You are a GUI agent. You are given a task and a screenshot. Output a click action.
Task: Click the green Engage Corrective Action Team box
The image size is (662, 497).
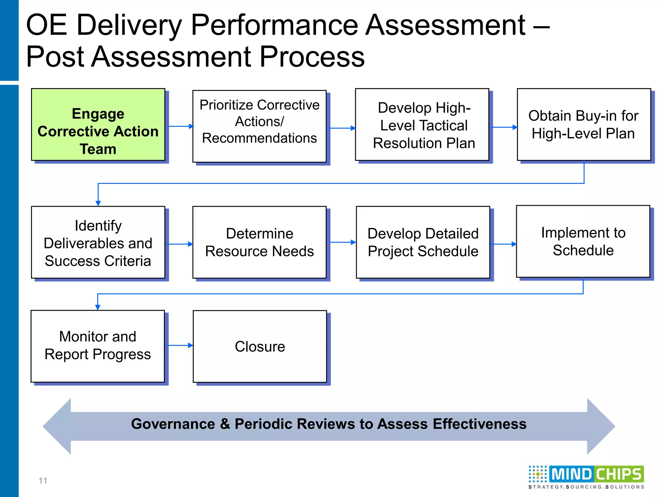click(98, 125)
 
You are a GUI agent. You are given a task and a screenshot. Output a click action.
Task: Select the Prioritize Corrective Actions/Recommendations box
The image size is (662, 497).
click(259, 126)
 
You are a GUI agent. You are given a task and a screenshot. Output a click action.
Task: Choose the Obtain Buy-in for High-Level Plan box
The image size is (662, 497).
click(584, 125)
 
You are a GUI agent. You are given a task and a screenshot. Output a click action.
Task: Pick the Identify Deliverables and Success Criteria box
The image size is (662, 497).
click(98, 242)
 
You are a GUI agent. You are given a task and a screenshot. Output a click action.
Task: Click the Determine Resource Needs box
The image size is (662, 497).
click(259, 242)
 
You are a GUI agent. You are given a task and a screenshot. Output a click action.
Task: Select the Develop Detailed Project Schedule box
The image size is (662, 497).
click(423, 242)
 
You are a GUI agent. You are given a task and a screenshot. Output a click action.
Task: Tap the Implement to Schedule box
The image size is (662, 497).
click(583, 241)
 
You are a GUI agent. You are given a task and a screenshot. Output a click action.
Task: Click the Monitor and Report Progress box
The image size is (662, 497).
click(98, 346)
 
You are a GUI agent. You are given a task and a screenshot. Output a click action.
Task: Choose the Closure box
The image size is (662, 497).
click(260, 347)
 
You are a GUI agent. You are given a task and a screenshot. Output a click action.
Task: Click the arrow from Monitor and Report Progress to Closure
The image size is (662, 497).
click(180, 345)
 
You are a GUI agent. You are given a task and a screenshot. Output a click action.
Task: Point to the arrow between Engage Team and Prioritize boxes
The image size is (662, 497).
click(180, 126)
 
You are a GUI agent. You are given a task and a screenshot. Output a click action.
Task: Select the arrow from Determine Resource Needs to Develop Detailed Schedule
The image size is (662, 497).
click(342, 242)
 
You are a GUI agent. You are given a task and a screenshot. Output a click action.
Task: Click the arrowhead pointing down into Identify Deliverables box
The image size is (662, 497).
click(98, 203)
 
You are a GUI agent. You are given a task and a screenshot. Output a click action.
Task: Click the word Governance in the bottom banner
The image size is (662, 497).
click(173, 424)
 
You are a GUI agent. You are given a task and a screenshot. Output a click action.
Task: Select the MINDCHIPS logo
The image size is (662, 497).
click(586, 477)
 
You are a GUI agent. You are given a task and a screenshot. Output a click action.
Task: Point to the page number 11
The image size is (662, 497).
click(43, 480)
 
